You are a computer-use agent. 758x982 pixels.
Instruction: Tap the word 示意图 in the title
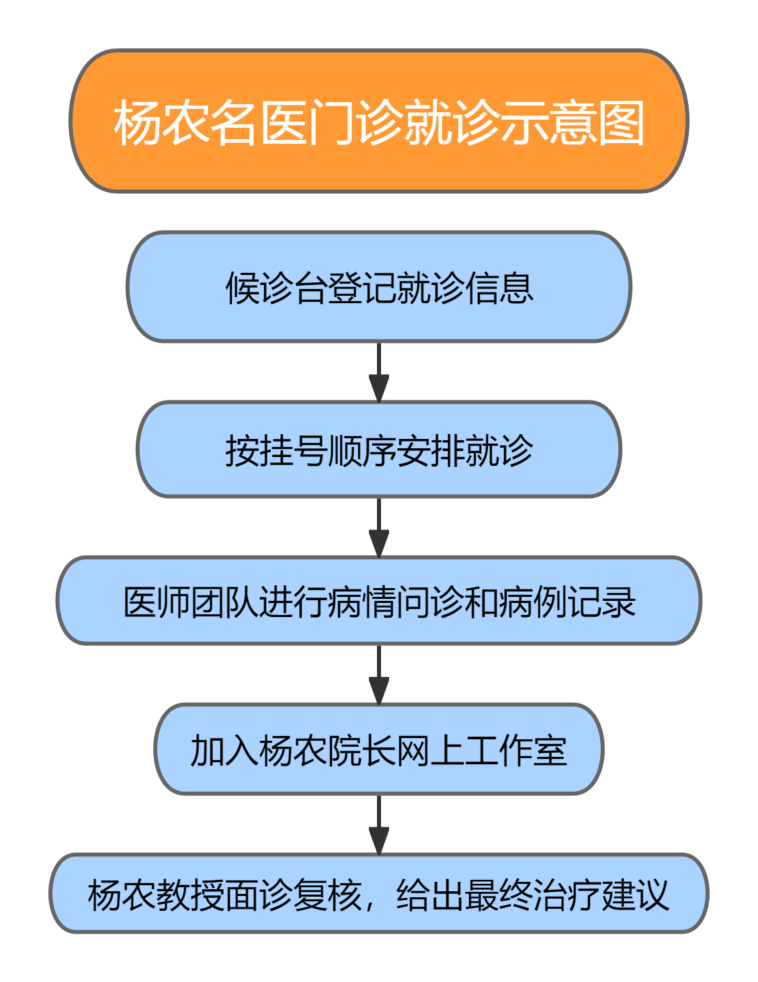573,123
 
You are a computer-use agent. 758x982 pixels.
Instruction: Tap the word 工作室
515,751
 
